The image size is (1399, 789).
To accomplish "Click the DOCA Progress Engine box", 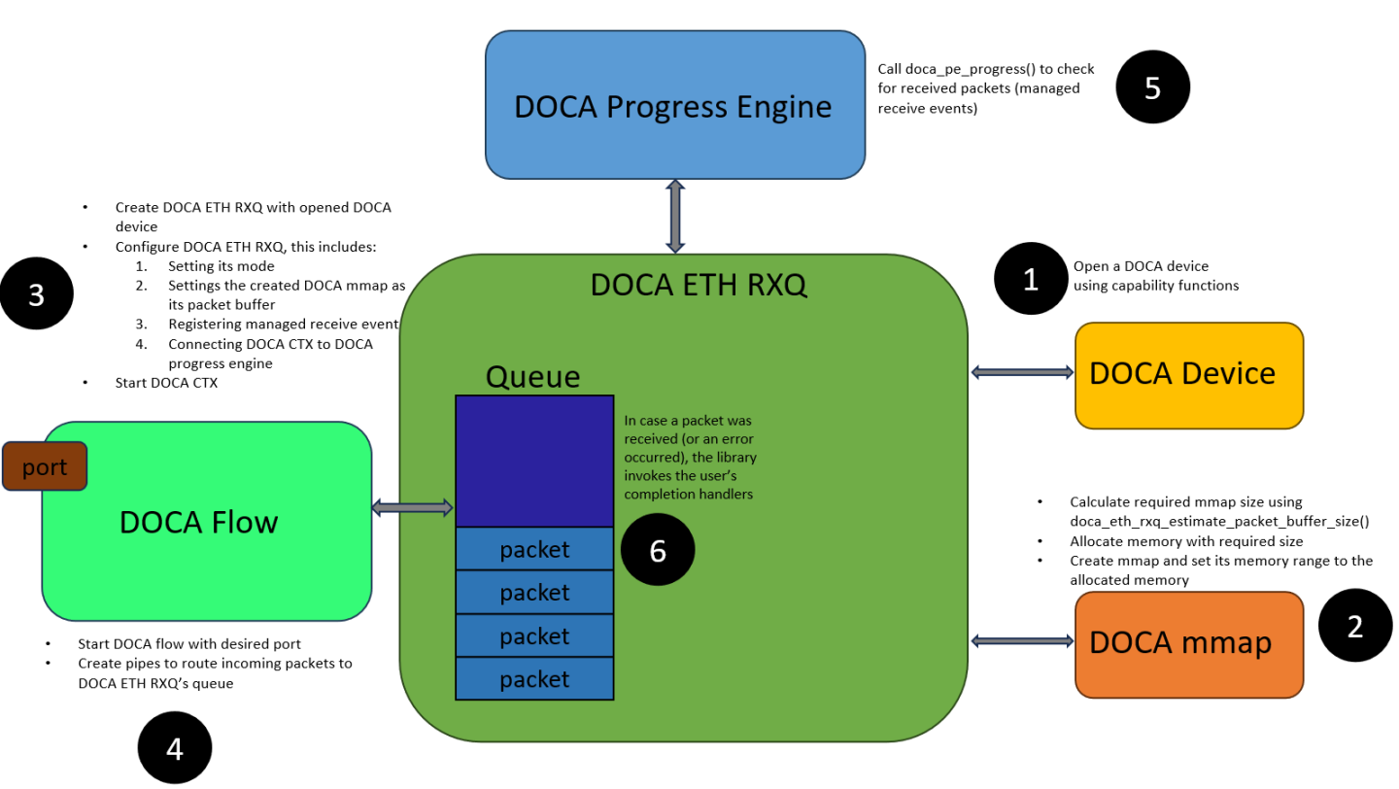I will coord(674,105).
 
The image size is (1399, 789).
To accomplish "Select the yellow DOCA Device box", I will coord(1188,374).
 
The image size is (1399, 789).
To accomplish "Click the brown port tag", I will coord(45,466).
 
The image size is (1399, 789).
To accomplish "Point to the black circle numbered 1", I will coord(1031,280).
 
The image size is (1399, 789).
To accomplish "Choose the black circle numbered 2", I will coord(1354,627).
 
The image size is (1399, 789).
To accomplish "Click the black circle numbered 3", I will coord(37,294).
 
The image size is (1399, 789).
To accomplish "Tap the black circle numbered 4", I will coord(175,748).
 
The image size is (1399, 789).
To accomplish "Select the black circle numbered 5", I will coord(1152,87).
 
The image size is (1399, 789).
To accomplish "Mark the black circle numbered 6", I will coord(658,551).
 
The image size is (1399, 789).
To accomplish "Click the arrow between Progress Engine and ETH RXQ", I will coord(674,216).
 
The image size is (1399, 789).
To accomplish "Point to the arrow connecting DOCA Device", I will coord(1021,372).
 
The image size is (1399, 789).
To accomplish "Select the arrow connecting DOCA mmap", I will coord(1021,639).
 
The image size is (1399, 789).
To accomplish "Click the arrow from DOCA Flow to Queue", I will coord(413,507).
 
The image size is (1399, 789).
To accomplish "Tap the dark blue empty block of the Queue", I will coord(534,461).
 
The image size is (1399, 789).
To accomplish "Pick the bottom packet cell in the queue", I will coord(534,678).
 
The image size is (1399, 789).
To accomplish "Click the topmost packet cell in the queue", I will coord(534,549).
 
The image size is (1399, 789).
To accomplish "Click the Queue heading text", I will coord(532,376).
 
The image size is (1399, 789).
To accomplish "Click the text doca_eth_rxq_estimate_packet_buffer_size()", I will coord(1218,521).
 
